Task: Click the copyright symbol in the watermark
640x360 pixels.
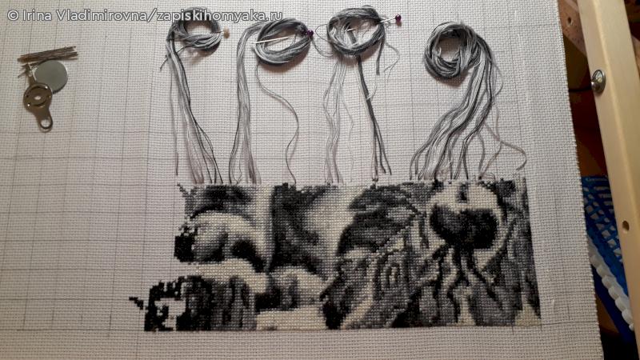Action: coord(13,16)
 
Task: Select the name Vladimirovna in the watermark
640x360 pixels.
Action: coord(102,15)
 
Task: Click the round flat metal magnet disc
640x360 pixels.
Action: coord(51,75)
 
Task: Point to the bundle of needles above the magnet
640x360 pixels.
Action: coord(47,54)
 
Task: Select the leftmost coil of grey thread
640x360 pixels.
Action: coord(194,34)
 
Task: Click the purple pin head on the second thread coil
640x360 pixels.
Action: coord(310,33)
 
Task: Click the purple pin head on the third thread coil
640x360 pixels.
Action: coord(398,18)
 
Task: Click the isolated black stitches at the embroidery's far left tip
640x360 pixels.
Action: coord(137,302)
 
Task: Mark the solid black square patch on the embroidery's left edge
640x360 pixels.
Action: coord(184,247)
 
